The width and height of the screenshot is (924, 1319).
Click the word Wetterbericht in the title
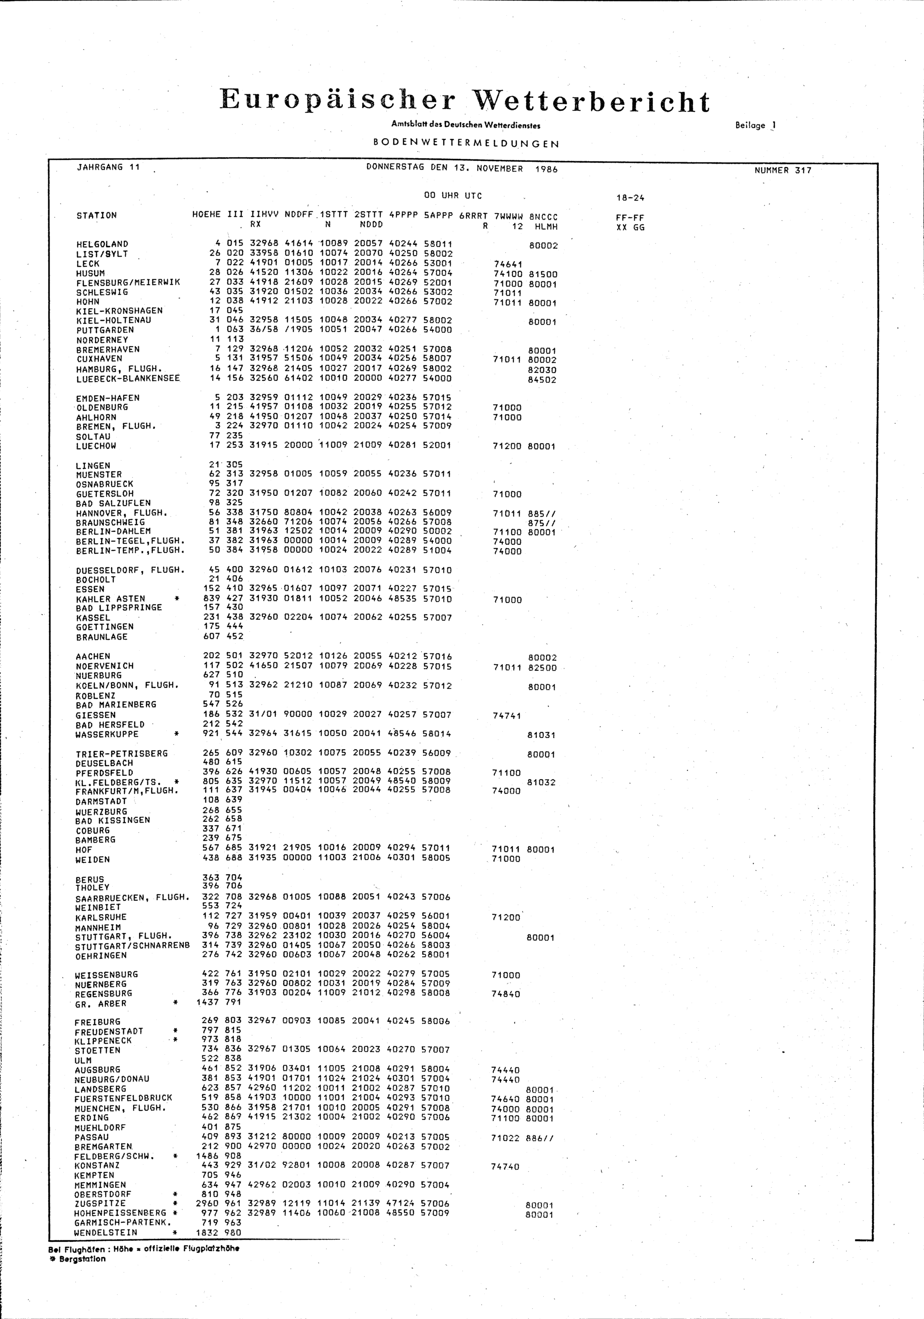point(591,102)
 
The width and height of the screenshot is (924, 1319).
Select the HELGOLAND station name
point(102,244)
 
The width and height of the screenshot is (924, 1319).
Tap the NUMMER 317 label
point(783,170)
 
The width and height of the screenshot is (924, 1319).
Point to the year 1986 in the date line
point(546,169)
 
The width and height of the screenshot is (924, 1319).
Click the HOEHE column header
point(206,215)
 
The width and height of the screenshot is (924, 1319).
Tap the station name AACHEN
point(93,656)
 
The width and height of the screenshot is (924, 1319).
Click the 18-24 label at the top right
point(630,198)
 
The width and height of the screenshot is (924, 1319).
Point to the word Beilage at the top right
point(749,125)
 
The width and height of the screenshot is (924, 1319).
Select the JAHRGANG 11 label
point(109,167)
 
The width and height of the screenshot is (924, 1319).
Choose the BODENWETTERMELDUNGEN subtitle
point(466,144)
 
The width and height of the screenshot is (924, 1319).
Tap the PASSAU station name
point(91,1137)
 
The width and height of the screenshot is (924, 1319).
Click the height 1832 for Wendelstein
point(208,1232)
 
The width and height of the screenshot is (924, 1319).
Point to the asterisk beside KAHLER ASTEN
point(177,598)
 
